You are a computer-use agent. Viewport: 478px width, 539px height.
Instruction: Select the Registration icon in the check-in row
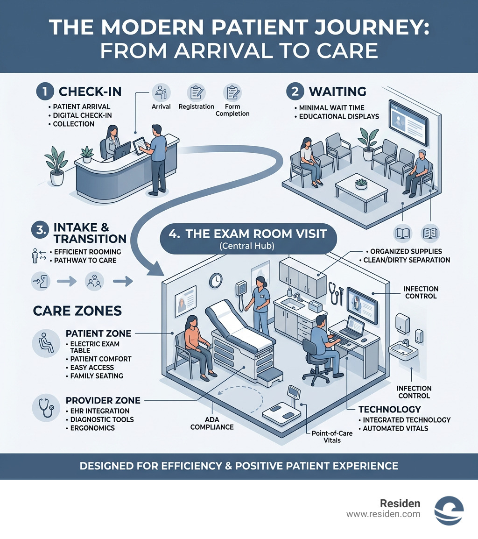point(196,92)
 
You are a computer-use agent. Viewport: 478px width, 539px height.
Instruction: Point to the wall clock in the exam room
point(215,280)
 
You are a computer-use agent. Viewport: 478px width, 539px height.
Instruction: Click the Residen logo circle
point(449,511)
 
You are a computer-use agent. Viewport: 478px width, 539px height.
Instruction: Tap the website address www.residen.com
point(383,514)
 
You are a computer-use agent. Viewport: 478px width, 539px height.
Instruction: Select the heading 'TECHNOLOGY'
point(390,409)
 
